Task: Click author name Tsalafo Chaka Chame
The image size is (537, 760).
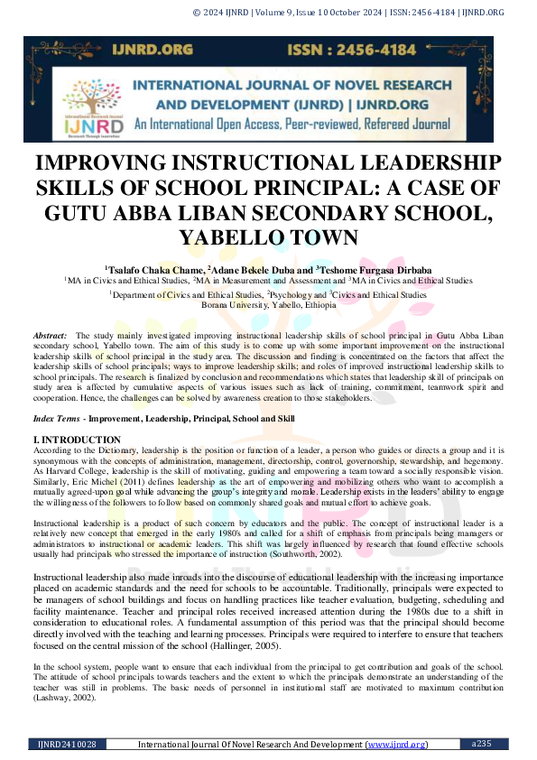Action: [x=154, y=269]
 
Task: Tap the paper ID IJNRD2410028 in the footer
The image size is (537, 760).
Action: [x=67, y=744]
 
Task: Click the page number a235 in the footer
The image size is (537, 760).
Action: [x=484, y=744]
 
